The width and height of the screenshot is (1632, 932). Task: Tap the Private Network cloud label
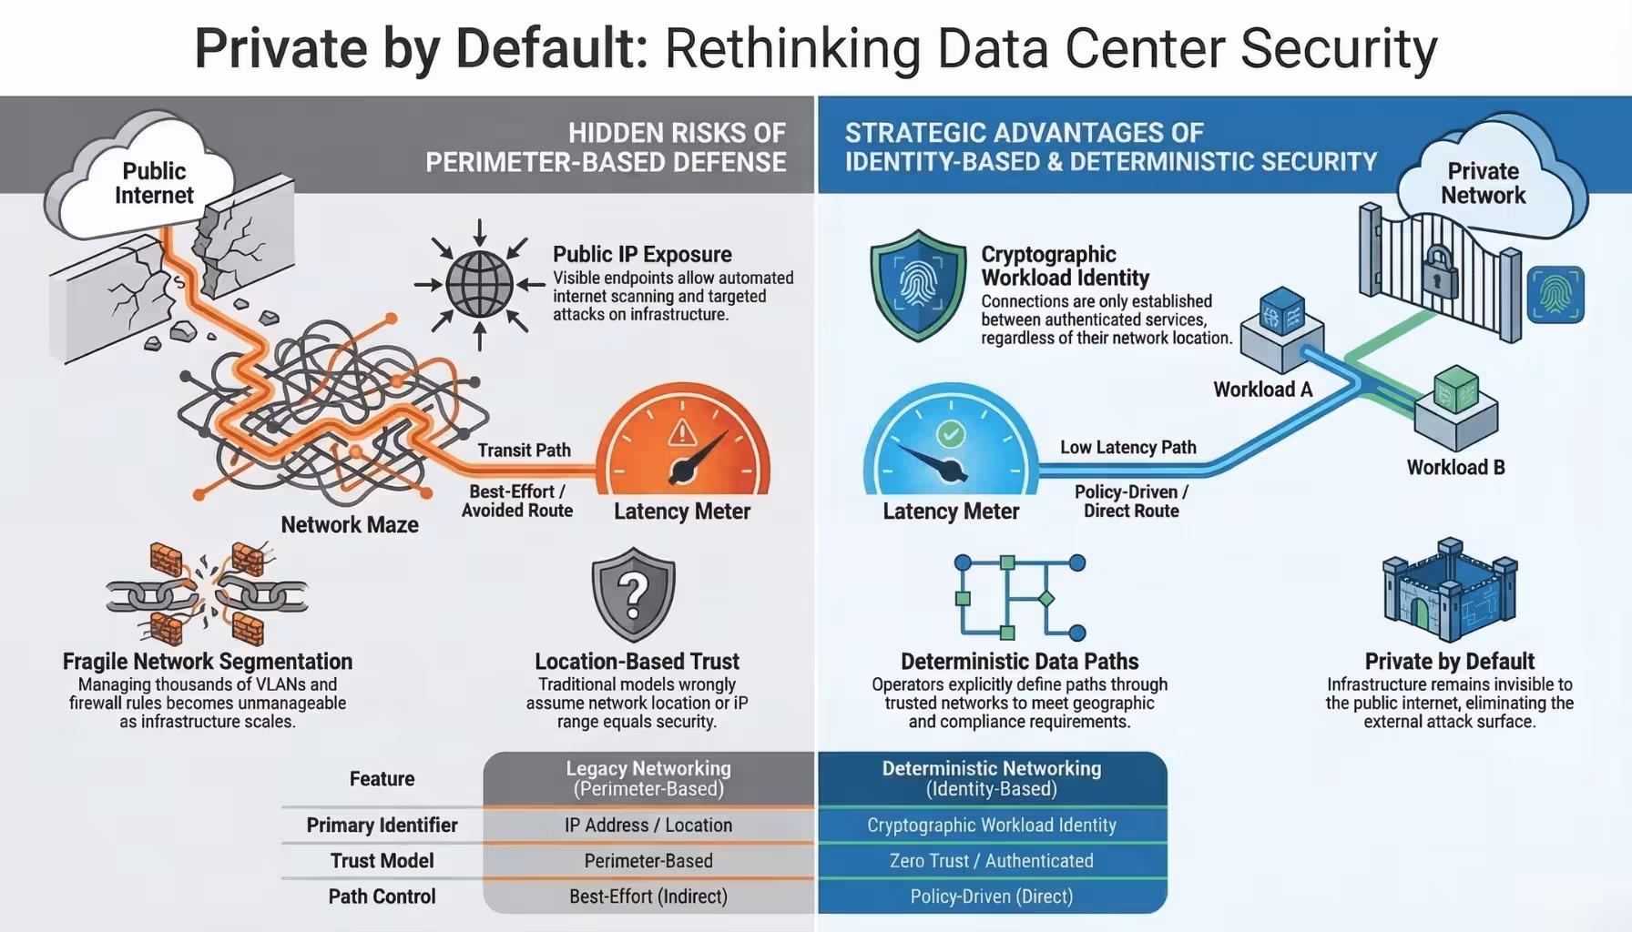pyautogui.click(x=1483, y=183)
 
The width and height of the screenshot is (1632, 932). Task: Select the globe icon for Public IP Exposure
pyautogui.click(x=480, y=284)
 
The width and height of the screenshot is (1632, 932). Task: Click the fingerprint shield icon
pyautogui.click(x=918, y=285)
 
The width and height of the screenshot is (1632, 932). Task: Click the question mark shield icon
pyautogui.click(x=634, y=594)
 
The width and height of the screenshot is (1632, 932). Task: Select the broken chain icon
pyautogui.click(x=208, y=595)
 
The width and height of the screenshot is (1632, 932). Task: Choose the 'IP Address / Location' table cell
pyautogui.click(x=648, y=826)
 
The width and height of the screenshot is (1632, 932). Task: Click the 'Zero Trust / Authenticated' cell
pyautogui.click(x=992, y=861)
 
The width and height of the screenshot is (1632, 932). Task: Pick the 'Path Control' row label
pyautogui.click(x=382, y=897)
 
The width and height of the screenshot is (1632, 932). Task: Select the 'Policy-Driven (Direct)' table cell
pyautogui.click(x=992, y=897)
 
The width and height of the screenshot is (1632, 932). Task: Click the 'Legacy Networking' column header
pyautogui.click(x=648, y=778)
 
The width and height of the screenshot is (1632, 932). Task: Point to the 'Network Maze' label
pyautogui.click(x=350, y=525)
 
